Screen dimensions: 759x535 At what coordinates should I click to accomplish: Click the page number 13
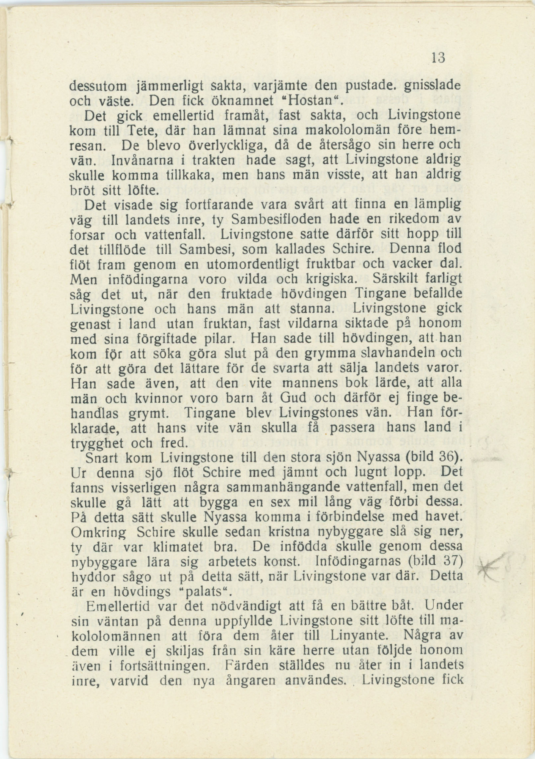pyautogui.click(x=438, y=58)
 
